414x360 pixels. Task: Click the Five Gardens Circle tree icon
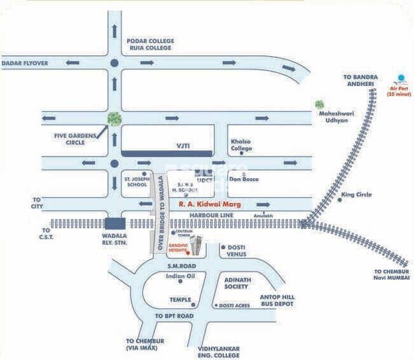pyautogui.click(x=114, y=118)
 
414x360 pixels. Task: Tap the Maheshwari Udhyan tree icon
pyautogui.click(x=319, y=104)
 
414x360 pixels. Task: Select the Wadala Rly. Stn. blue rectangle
pyautogui.click(x=115, y=223)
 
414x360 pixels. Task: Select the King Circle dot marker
pyautogui.click(x=340, y=200)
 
